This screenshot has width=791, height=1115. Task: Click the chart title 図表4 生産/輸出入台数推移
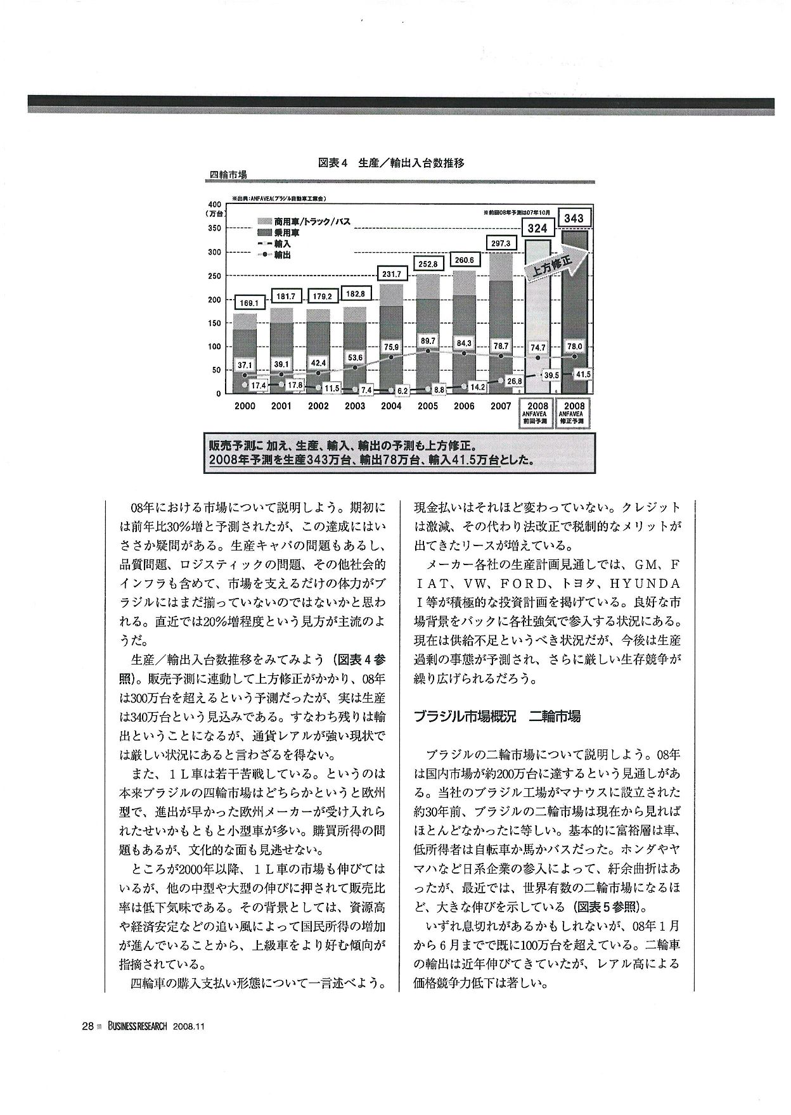click(391, 163)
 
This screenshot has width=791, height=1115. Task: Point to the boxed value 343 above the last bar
click(574, 218)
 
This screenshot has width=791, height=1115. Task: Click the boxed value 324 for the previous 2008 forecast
click(537, 227)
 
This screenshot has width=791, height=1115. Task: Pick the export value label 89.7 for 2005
click(428, 341)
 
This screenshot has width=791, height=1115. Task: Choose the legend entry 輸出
click(283, 255)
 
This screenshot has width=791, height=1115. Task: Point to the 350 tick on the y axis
click(214, 228)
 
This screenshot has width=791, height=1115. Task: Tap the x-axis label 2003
click(354, 406)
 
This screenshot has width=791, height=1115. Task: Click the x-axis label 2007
click(501, 406)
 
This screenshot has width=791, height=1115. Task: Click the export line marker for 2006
click(465, 352)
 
